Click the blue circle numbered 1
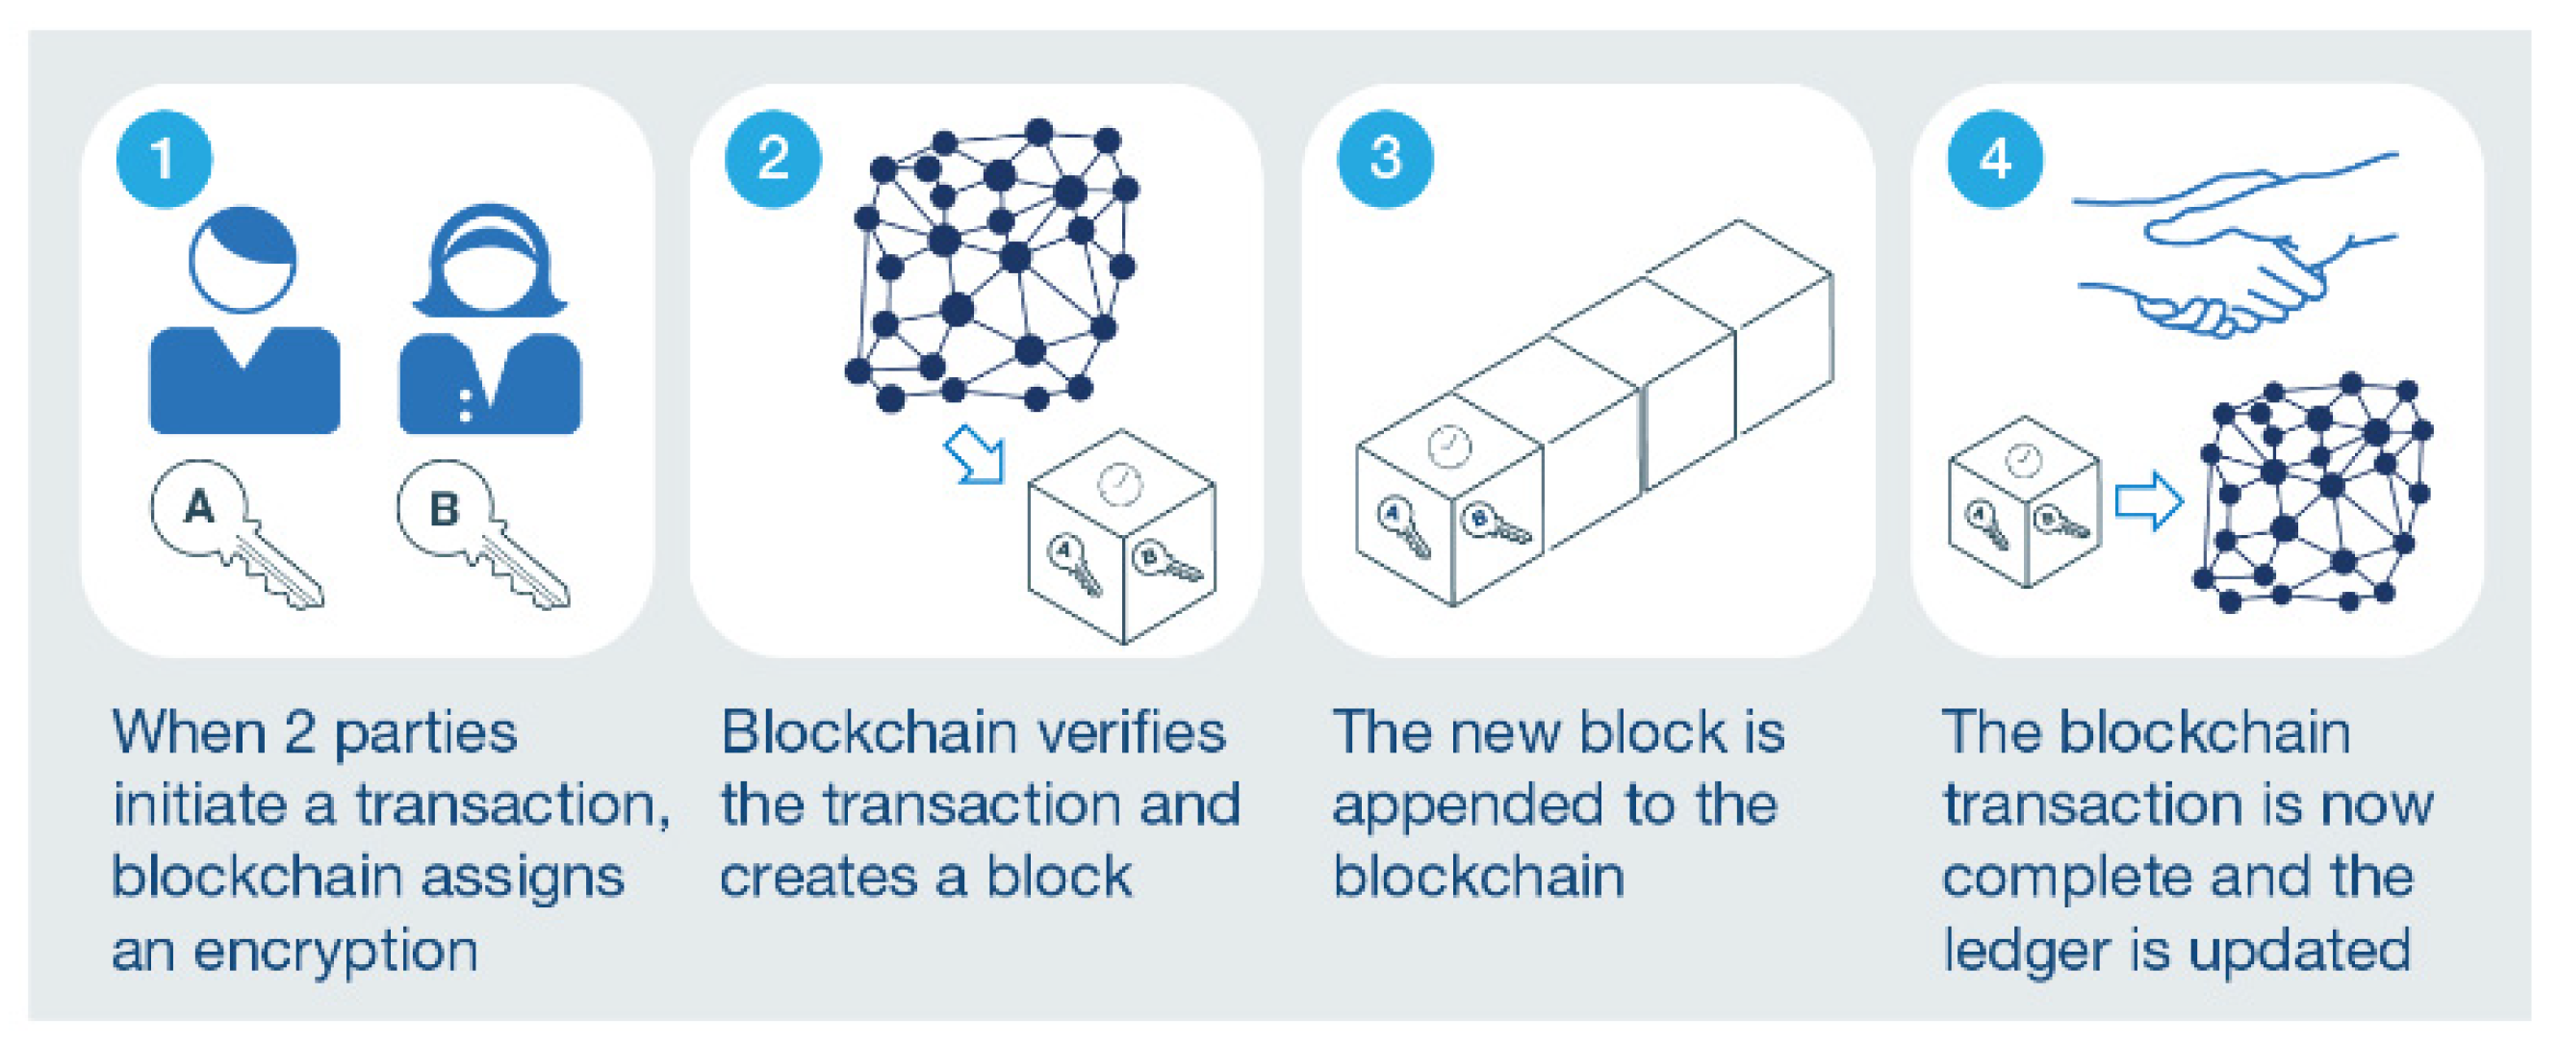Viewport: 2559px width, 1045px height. [x=164, y=159]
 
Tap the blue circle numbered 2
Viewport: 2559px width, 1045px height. [x=773, y=159]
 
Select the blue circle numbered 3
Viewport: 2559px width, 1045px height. [x=1385, y=159]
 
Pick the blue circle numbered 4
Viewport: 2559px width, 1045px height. [x=1995, y=159]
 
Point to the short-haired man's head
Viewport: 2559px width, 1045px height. [x=243, y=260]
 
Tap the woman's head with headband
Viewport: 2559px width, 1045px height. [x=490, y=263]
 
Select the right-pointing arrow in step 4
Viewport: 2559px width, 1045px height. [x=2149, y=501]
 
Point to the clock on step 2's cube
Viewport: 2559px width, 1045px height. [x=1119, y=484]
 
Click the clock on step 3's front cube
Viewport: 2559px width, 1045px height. [x=1448, y=446]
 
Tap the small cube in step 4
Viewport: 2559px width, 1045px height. [x=2025, y=501]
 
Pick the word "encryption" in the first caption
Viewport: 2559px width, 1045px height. [x=336, y=952]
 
